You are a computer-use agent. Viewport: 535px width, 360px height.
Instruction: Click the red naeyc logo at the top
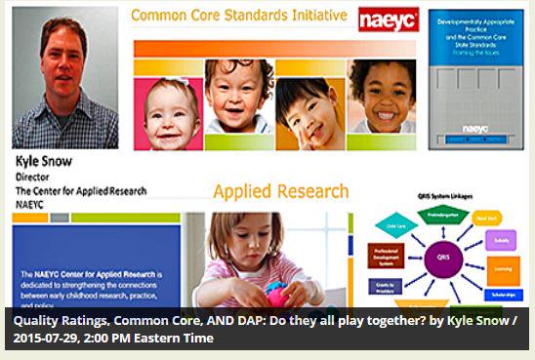(x=388, y=19)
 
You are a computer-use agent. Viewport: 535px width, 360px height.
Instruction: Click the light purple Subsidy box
(x=504, y=238)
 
